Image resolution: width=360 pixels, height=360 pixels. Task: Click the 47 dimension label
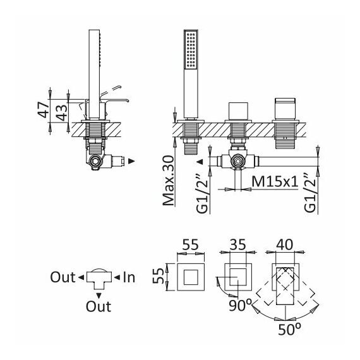click(44, 110)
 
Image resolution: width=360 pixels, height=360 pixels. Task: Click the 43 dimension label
click(62, 112)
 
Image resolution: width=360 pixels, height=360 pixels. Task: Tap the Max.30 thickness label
click(168, 181)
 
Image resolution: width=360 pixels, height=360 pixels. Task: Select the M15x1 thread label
click(275, 182)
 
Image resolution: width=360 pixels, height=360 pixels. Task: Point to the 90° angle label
click(241, 305)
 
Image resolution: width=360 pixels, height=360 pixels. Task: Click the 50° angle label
click(290, 330)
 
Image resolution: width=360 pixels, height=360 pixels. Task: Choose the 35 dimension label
click(238, 244)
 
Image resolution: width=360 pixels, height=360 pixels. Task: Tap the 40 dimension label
click(285, 244)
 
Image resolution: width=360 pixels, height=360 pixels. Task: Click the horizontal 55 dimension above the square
click(190, 244)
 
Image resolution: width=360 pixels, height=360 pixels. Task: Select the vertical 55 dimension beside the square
click(159, 277)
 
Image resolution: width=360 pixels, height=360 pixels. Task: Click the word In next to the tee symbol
click(129, 277)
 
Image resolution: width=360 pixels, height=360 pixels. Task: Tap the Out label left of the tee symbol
click(63, 277)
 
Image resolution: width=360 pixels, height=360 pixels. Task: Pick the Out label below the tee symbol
click(99, 306)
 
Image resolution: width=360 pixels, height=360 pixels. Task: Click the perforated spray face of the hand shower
click(191, 50)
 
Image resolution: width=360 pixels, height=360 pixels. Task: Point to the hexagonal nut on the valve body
click(238, 161)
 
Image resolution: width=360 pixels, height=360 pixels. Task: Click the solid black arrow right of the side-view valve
click(131, 161)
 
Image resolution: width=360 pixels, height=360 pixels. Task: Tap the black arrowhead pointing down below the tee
click(99, 296)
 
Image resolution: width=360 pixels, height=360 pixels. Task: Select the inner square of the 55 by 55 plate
click(191, 277)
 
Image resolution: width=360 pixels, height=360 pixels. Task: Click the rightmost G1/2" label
click(310, 193)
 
